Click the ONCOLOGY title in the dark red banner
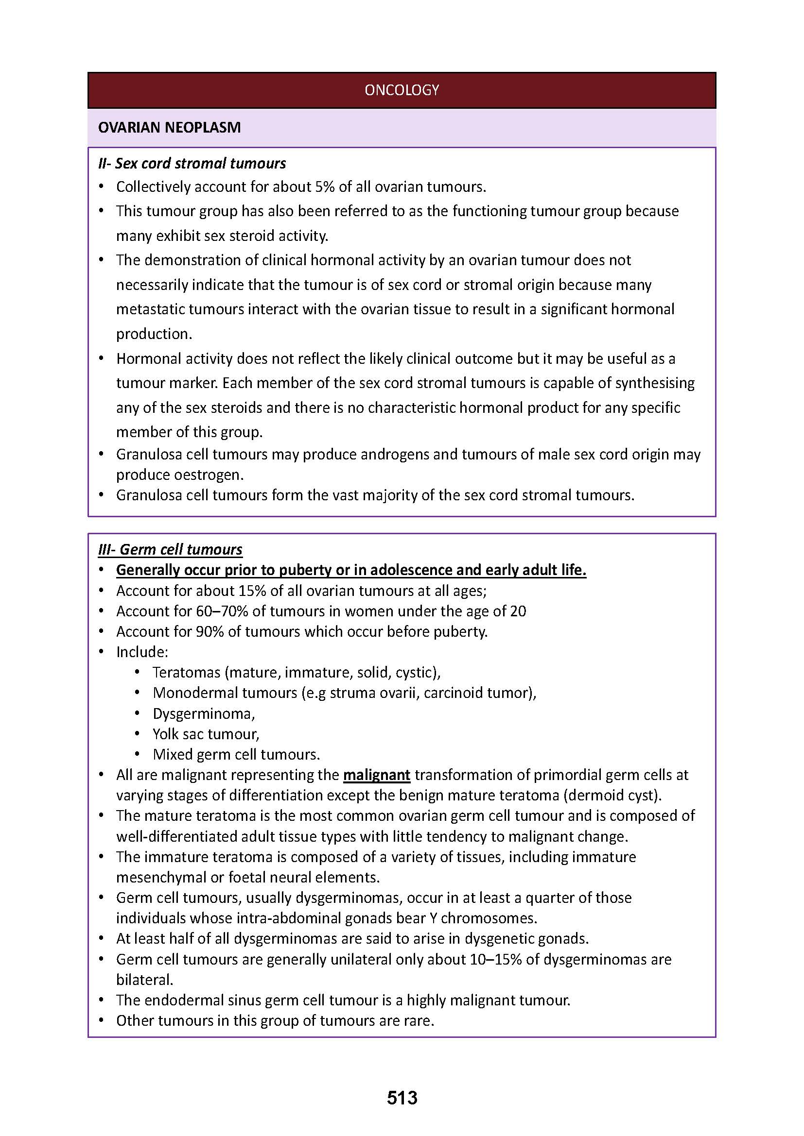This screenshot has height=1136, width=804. click(402, 89)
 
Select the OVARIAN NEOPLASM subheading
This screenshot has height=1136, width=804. click(169, 128)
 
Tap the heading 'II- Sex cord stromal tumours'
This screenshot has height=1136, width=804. click(192, 163)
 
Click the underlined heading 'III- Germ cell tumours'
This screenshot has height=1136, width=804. click(170, 549)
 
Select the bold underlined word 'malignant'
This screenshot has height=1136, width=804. click(376, 775)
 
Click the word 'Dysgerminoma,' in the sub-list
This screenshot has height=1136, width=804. click(204, 713)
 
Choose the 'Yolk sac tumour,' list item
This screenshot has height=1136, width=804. click(206, 734)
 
